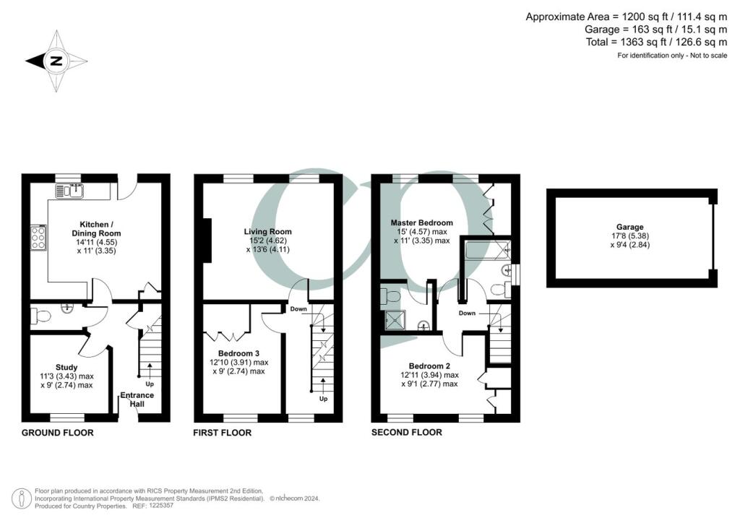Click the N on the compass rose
pos(55,61)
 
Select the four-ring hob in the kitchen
pos(37,236)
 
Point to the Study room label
pos(66,367)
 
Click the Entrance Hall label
pos(137,399)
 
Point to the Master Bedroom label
pos(421,222)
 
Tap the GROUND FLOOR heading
pos(58,433)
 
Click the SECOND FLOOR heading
pos(407,433)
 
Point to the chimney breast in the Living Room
pos(207,241)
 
